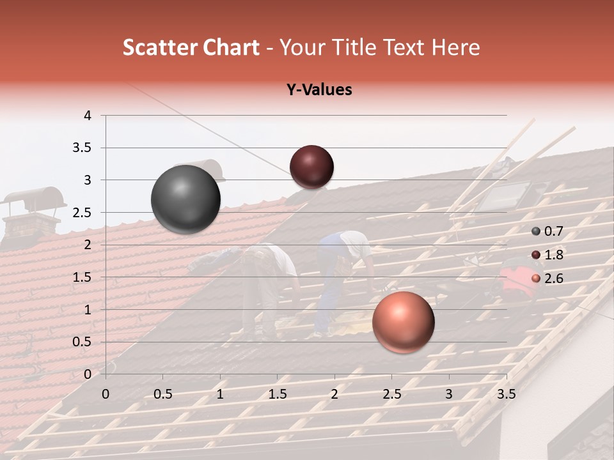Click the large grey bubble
(x=185, y=199)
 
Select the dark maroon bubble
(x=311, y=167)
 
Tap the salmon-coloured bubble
(x=403, y=322)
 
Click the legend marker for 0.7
(x=536, y=232)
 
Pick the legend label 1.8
(x=554, y=255)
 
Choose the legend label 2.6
(x=554, y=278)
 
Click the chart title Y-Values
(x=319, y=90)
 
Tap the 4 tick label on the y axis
(x=88, y=116)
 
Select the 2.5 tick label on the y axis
(x=83, y=213)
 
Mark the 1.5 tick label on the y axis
(x=83, y=277)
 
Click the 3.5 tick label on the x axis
(x=506, y=394)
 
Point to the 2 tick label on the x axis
(x=335, y=394)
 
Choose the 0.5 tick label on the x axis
(x=163, y=394)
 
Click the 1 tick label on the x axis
(x=220, y=394)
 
